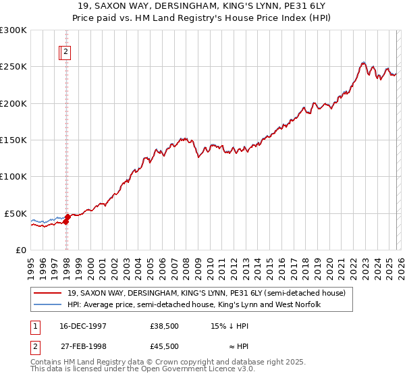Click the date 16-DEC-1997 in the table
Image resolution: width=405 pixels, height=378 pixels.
click(83, 325)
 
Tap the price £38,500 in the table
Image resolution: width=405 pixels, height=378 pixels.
click(165, 325)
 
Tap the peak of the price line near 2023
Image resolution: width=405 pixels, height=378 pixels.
click(363, 63)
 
